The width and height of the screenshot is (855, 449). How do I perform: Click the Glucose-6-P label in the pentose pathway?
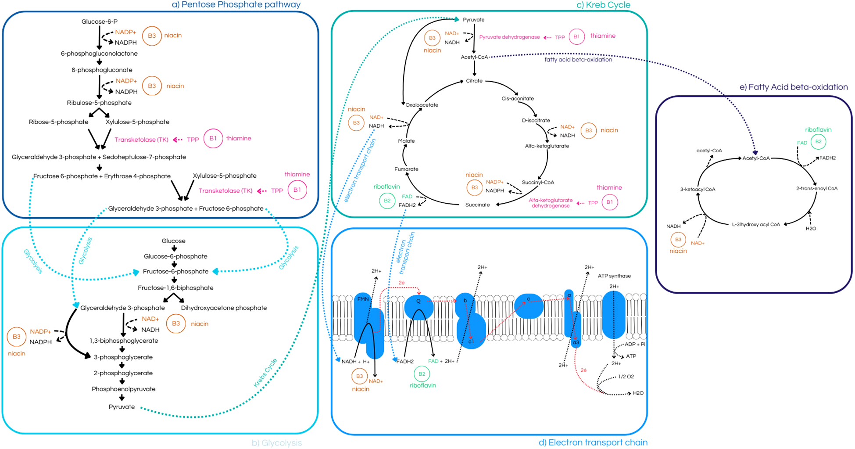(99, 22)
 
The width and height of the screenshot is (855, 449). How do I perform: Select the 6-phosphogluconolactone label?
(99, 54)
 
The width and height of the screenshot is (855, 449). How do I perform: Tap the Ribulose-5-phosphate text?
(99, 103)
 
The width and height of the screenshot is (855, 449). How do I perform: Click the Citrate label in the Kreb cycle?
(474, 81)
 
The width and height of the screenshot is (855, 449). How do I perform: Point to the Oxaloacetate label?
(422, 105)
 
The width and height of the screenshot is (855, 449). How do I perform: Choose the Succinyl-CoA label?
(538, 182)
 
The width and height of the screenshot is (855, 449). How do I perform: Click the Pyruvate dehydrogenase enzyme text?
(509, 37)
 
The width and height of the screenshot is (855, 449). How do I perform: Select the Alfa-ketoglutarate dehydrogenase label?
(551, 203)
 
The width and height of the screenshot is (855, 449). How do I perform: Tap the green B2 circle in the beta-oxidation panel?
(818, 142)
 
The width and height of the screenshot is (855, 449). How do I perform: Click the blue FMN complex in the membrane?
(363, 307)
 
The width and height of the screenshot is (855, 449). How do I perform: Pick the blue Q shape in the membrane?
(419, 306)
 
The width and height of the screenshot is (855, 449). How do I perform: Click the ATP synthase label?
(614, 276)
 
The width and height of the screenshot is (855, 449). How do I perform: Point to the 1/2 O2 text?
(626, 377)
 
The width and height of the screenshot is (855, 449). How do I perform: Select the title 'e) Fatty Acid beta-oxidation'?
(794, 87)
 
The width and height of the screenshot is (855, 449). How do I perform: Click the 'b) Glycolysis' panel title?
(276, 443)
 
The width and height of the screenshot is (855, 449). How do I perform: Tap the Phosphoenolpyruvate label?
(123, 389)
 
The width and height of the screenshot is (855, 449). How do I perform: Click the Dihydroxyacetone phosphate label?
(224, 308)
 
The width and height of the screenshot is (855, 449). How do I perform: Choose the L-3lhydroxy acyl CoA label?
(756, 224)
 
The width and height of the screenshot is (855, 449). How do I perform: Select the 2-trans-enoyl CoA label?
(816, 188)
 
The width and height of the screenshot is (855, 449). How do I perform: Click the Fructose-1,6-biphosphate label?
(175, 288)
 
